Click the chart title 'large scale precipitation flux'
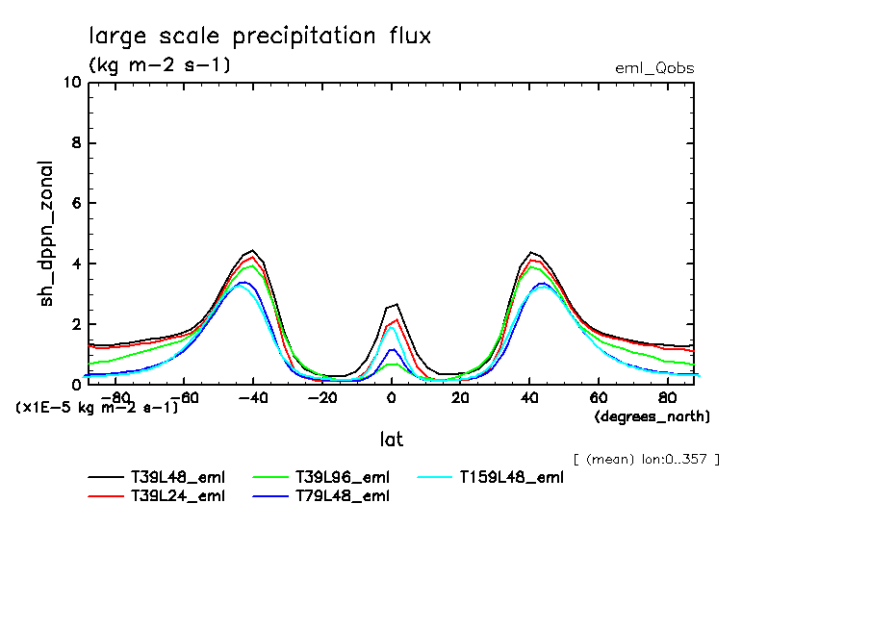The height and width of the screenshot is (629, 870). (x=260, y=37)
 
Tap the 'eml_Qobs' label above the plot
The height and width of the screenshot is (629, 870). (x=653, y=68)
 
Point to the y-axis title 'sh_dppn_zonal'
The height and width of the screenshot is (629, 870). (x=46, y=233)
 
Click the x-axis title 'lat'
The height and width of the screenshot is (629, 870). (x=391, y=440)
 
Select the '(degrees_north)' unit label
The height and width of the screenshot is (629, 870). (x=652, y=416)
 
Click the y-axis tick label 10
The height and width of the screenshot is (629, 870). (x=70, y=83)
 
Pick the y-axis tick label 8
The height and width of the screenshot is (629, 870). (x=75, y=143)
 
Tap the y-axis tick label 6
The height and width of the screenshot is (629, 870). (x=75, y=204)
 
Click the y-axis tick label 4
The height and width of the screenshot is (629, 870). (x=75, y=264)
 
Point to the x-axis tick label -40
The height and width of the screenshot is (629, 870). (x=253, y=397)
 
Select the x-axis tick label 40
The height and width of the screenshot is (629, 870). (x=529, y=397)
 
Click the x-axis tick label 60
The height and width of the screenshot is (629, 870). (x=599, y=397)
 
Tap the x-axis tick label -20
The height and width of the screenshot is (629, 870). (x=322, y=397)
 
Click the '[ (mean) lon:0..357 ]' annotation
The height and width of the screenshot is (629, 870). (x=646, y=459)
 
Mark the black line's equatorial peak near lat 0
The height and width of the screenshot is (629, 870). (x=395, y=305)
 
